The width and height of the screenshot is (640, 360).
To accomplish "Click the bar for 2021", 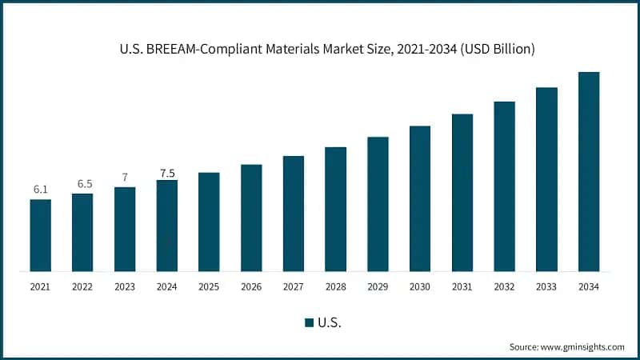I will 41,235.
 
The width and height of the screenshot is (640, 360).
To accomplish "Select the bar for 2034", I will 589,172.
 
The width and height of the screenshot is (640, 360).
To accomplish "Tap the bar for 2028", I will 336,210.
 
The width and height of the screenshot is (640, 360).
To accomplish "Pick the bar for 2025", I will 209,222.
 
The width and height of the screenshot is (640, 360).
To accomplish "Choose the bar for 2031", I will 462,193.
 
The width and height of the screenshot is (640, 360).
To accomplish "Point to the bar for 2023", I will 125,230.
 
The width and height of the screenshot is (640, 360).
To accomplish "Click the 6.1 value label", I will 41,189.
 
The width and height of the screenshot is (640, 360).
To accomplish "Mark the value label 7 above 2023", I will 125,178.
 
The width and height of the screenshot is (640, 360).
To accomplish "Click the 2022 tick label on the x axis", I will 82,286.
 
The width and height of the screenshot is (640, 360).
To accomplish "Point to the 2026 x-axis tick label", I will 251,286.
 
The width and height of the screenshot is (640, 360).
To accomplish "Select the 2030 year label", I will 420,286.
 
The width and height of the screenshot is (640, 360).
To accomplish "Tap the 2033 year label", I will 546,286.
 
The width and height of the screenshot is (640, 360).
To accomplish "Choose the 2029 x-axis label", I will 378,286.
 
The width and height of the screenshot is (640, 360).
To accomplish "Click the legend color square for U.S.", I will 309,322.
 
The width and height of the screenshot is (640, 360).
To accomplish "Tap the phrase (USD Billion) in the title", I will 497,50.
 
